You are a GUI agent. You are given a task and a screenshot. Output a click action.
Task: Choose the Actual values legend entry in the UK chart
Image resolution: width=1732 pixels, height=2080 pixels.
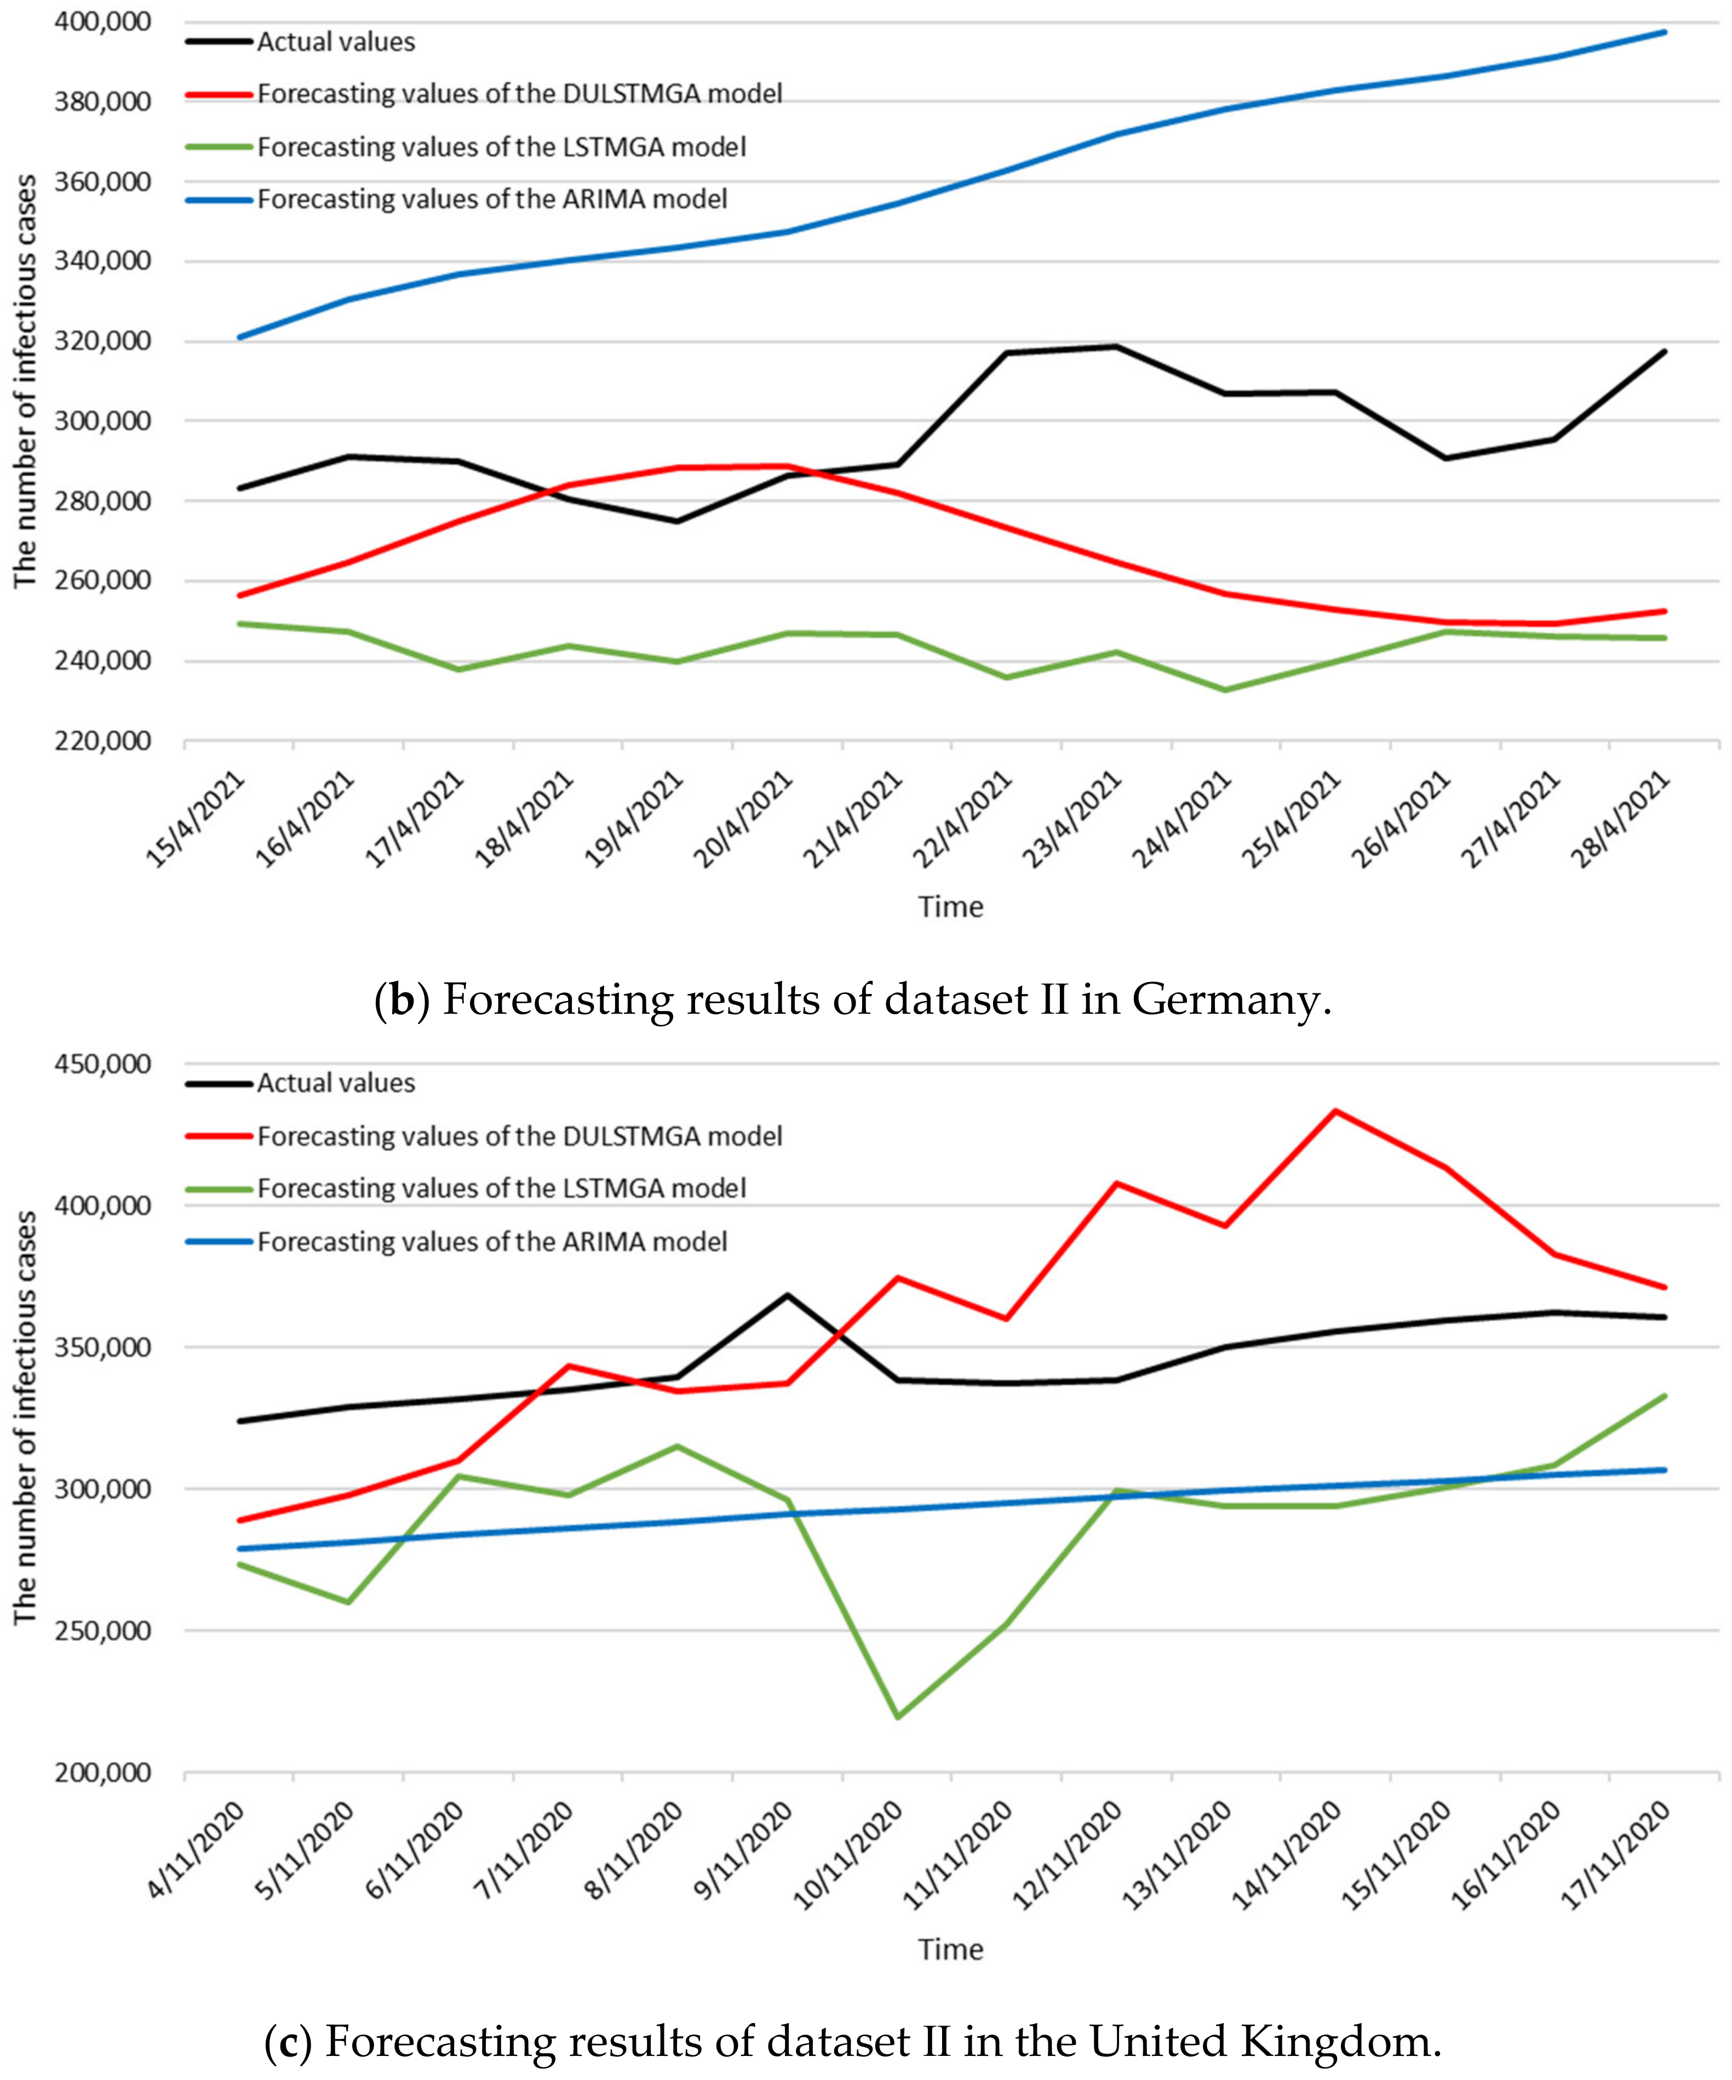coord(336,1083)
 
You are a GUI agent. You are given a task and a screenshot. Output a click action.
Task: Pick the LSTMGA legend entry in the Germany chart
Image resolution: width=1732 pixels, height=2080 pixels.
coord(501,147)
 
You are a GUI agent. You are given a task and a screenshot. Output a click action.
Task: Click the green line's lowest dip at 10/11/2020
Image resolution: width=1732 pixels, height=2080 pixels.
coord(897,1717)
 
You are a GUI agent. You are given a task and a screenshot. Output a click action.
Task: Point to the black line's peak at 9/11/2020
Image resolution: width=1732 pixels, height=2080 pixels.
coord(787,1295)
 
